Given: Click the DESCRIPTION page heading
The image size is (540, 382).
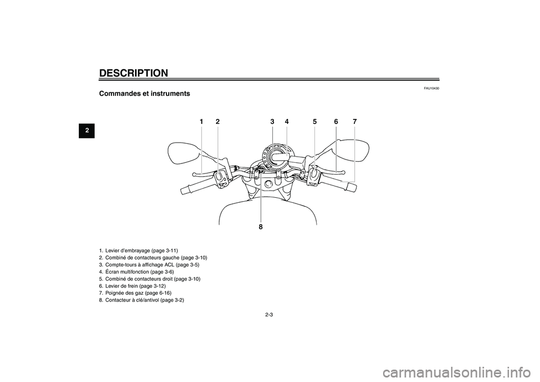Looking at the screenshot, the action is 133,73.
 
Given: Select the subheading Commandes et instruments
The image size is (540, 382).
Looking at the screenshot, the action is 145,94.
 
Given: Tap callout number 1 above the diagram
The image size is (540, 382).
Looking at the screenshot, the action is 201,122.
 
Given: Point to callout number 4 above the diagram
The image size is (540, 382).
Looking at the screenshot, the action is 286,122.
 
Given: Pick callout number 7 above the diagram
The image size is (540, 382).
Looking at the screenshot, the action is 355,122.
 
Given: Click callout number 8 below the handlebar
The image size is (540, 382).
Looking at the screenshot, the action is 260,226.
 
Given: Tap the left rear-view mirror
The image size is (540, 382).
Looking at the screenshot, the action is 183,153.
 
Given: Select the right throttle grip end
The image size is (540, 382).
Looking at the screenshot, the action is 351,188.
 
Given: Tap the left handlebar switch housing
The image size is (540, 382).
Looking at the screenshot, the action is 222,179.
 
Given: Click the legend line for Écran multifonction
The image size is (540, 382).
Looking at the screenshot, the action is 136,272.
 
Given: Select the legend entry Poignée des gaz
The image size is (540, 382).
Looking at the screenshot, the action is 135,293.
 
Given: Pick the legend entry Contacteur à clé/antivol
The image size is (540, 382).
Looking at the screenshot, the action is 142,300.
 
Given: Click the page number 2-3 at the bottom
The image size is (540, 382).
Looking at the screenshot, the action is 269,315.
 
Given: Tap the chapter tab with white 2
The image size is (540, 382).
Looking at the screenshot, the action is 87,130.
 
